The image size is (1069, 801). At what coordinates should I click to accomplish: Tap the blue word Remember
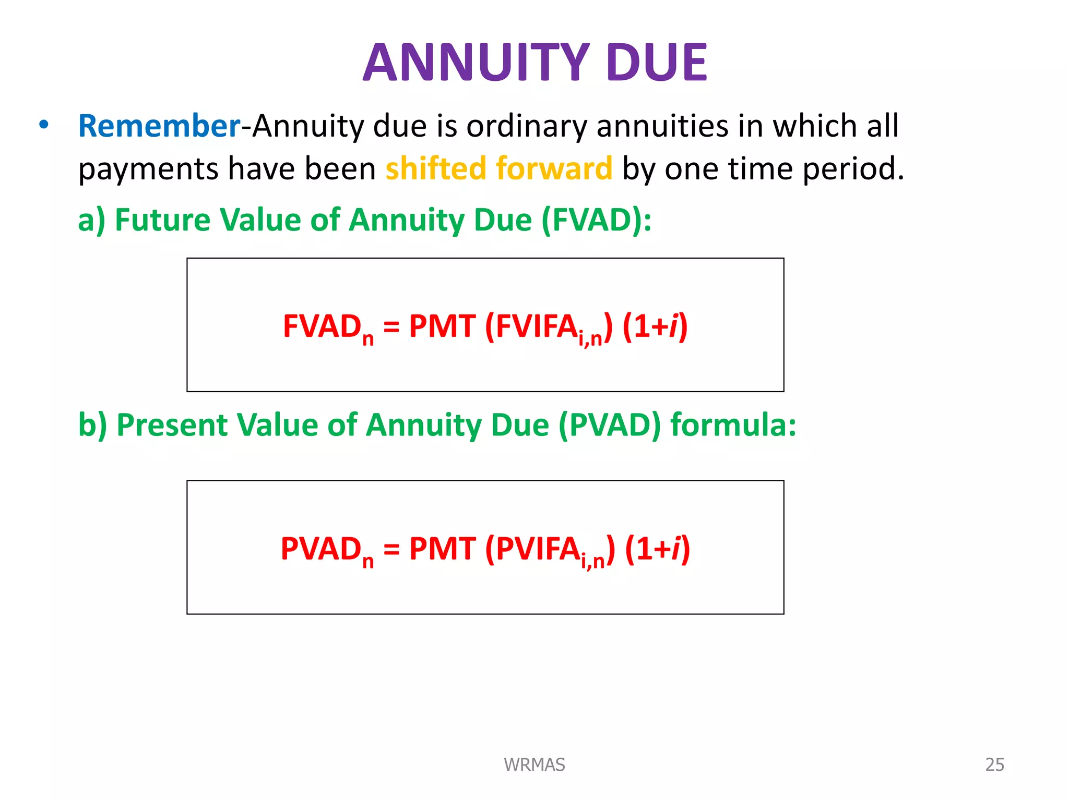(x=159, y=126)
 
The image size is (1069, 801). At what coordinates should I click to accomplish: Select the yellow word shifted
(x=436, y=168)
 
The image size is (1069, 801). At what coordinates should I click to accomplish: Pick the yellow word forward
(x=554, y=168)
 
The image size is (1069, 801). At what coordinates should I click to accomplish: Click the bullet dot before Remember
(x=44, y=125)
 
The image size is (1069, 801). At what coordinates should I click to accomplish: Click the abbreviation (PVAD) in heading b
(x=609, y=425)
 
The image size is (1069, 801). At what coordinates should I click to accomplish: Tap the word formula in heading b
(x=733, y=425)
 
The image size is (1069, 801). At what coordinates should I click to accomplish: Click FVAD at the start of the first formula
(x=322, y=327)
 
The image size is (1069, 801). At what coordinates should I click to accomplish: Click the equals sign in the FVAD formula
(x=391, y=327)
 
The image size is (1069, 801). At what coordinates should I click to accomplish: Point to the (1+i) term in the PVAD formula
(x=658, y=549)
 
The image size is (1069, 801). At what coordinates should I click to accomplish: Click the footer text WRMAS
(x=534, y=764)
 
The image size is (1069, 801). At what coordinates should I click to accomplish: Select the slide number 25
(x=994, y=764)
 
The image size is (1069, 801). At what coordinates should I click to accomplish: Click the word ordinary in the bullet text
(x=526, y=126)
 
